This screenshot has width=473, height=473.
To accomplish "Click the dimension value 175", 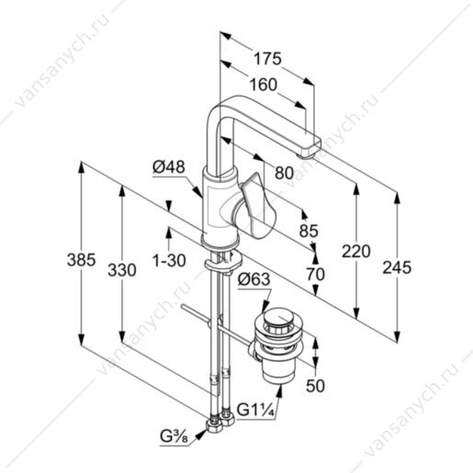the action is [267, 59].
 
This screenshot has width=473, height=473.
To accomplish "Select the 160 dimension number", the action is [264, 84].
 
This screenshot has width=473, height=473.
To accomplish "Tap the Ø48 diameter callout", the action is [169, 167].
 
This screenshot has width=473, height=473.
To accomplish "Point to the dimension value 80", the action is [284, 173].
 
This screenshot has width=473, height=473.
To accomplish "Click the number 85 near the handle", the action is [309, 231].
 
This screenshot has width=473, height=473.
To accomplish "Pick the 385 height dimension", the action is [81, 260].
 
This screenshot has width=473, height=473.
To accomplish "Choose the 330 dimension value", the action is [122, 270].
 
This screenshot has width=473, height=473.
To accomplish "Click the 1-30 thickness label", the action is [169, 261].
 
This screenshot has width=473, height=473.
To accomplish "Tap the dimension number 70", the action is [316, 274].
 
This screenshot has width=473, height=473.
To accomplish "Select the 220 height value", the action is [356, 252].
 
